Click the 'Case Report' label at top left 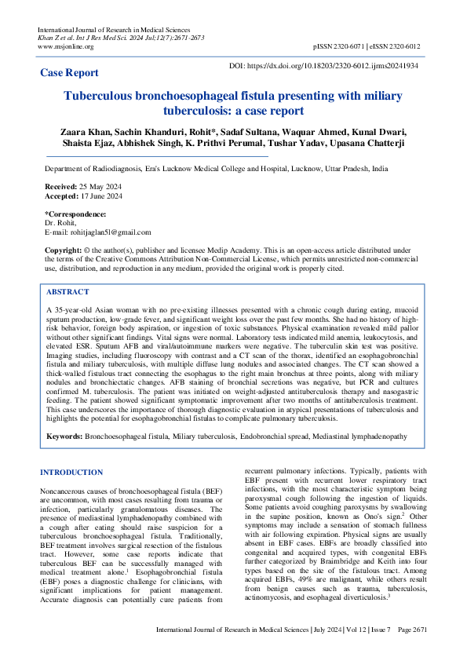pyautogui.click(x=70, y=73)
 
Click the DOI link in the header pyautogui.click(x=323, y=67)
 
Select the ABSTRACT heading pyautogui.click(x=69, y=291)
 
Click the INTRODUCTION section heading pyautogui.click(x=71, y=473)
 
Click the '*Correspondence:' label pyautogui.click(x=75, y=214)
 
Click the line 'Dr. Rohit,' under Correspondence pyautogui.click(x=60, y=223)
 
